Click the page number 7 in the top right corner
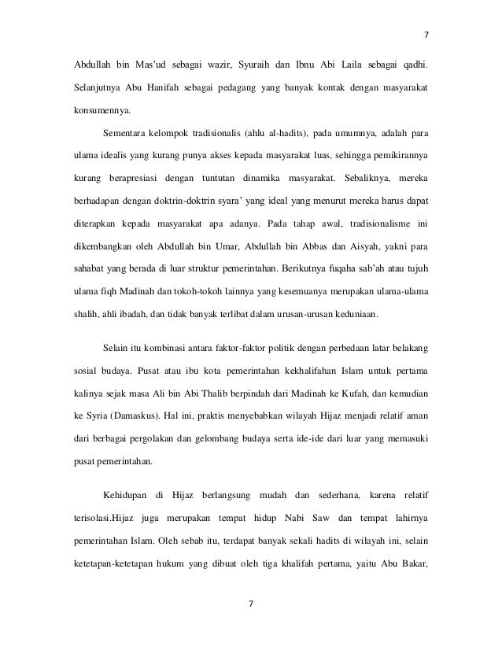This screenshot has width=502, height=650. point(426,35)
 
